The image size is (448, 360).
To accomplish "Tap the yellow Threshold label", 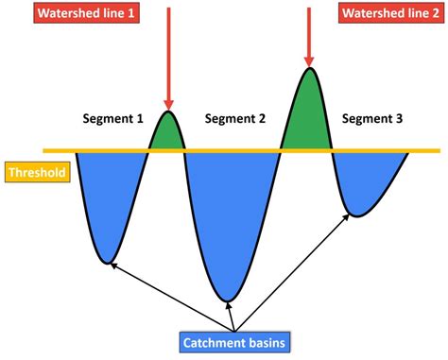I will click(x=35, y=174).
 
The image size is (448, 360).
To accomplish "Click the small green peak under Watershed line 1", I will click(x=167, y=134).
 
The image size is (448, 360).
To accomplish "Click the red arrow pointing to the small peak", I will click(x=167, y=57).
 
